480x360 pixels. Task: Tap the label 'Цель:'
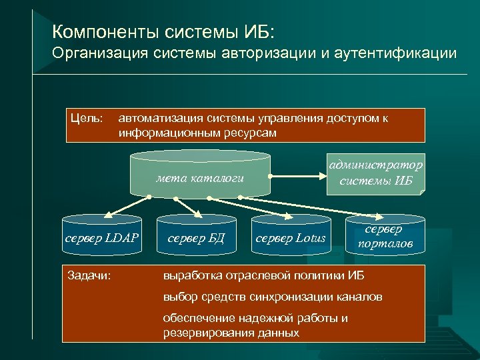point(87,119)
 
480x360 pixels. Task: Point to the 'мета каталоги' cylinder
point(201,178)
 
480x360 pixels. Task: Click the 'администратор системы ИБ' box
point(375,173)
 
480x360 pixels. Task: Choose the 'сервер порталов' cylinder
point(385,237)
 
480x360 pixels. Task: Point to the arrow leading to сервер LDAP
point(127,207)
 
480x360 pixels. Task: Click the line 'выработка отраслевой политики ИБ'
point(264,275)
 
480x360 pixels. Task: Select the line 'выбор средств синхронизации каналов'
point(273,297)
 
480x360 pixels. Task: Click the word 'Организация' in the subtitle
point(95,53)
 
